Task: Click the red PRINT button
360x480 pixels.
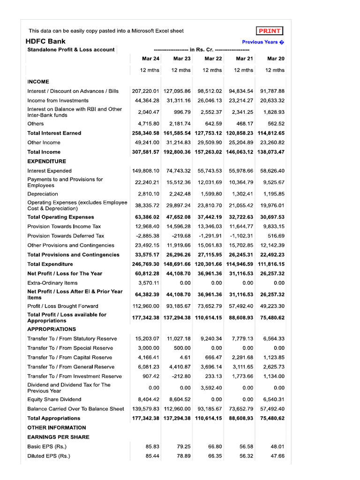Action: pyautogui.click(x=270, y=31)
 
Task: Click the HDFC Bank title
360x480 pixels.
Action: pyautogui.click(x=45, y=41)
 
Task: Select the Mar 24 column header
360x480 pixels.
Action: pyautogui.click(x=150, y=59)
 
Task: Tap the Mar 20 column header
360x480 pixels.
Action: pyautogui.click(x=276, y=59)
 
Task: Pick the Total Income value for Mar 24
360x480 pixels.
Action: pyautogui.click(x=146, y=152)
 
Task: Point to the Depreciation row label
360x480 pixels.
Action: pyautogui.click(x=43, y=194)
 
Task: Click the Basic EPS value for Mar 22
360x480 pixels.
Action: pyautogui.click(x=214, y=447)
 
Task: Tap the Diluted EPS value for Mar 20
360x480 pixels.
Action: pyautogui.click(x=277, y=456)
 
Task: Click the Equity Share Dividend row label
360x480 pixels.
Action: pyautogui.click(x=54, y=399)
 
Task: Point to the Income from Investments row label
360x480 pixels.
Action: pyautogui.click(x=58, y=100)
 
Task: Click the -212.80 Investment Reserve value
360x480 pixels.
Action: pyautogui.click(x=181, y=376)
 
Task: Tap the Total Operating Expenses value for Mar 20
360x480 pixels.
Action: pyautogui.click(x=273, y=217)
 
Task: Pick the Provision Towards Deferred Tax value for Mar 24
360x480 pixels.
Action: pyautogui.click(x=147, y=236)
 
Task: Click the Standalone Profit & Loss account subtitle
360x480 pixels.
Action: pyautogui.click(x=71, y=50)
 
